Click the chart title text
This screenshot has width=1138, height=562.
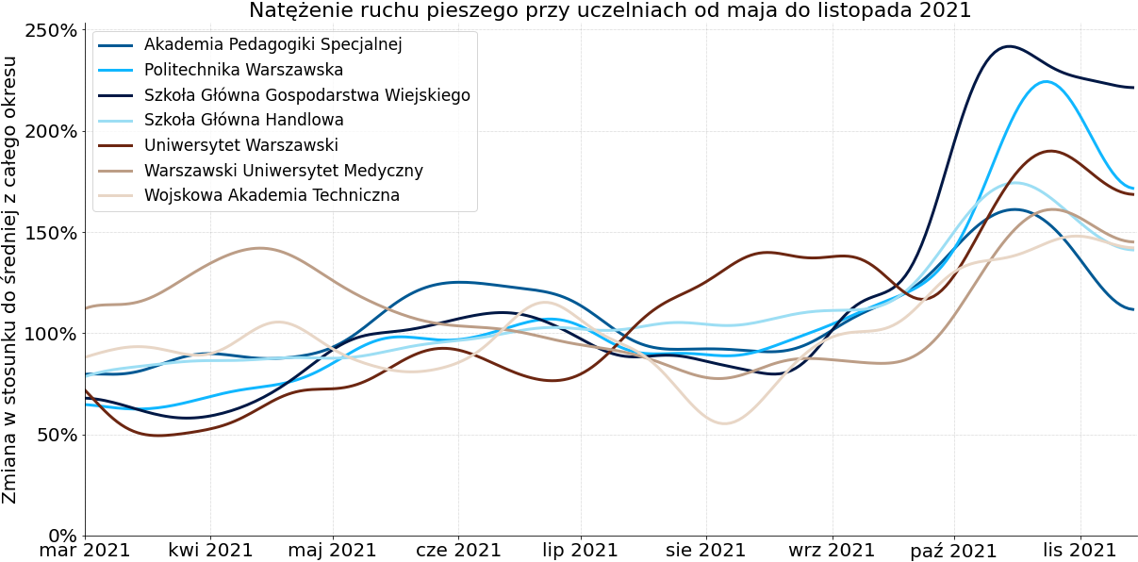click(609, 10)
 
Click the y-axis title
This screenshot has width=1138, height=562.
click(10, 280)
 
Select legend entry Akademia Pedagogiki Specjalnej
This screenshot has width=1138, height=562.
click(272, 44)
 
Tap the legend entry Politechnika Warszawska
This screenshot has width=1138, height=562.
click(243, 70)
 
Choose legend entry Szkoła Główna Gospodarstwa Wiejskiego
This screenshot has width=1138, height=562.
click(306, 95)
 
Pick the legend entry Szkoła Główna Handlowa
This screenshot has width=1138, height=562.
click(243, 120)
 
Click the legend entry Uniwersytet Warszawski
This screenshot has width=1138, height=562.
click(240, 145)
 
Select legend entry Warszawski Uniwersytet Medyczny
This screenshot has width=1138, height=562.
click(283, 171)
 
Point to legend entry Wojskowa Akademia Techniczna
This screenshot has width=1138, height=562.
click(272, 195)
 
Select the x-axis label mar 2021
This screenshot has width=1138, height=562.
click(85, 551)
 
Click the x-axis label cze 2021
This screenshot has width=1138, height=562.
click(458, 551)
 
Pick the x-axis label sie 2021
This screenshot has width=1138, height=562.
click(705, 551)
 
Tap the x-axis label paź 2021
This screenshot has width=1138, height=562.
click(953, 551)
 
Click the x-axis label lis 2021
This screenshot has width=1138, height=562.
click(1079, 551)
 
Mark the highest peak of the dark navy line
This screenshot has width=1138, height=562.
click(1009, 45)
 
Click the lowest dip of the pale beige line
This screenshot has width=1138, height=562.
click(724, 423)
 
